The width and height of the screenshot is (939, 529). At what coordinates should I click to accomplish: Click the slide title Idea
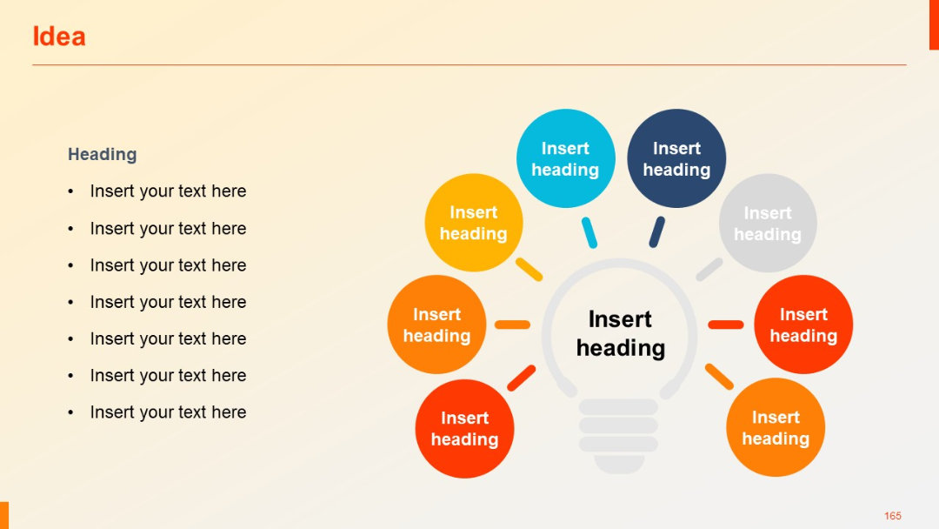point(58,37)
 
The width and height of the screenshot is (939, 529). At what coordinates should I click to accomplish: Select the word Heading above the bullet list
point(103,154)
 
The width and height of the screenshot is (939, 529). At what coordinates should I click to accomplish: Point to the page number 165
point(892,516)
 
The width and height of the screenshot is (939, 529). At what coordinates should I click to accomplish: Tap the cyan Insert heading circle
point(565,158)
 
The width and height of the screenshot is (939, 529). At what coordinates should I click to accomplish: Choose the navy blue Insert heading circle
point(676,158)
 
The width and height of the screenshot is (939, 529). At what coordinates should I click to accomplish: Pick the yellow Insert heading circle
point(473,223)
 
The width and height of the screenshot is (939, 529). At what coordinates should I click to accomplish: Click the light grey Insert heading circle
point(768,223)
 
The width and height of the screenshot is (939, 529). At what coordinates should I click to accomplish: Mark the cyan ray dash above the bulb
point(589,232)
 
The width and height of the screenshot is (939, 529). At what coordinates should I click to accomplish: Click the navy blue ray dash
point(657,232)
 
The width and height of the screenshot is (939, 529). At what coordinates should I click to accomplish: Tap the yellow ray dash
point(529,269)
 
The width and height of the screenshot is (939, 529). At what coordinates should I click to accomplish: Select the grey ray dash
point(709,269)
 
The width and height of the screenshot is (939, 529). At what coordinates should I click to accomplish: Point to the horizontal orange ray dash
point(512,325)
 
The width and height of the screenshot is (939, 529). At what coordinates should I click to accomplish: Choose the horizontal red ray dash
point(726,325)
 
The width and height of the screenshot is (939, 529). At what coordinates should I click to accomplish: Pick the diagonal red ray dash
point(521,378)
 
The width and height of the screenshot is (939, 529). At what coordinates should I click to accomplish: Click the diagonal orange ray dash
point(719,376)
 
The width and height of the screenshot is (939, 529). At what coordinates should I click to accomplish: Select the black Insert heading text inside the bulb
point(620,334)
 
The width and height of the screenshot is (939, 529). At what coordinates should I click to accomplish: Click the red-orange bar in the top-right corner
point(934,24)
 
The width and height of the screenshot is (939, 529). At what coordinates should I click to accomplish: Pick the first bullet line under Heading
point(168,191)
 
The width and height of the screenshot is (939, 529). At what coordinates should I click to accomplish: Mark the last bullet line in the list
point(168,412)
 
